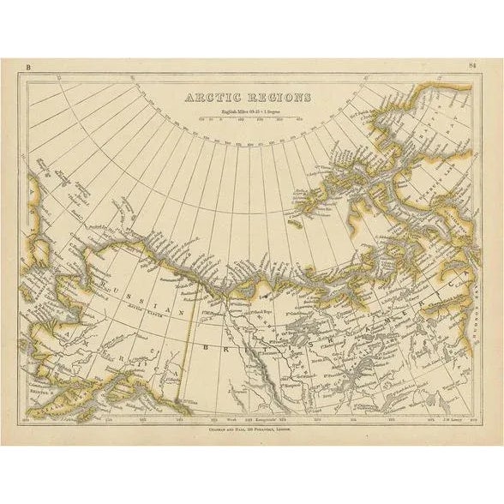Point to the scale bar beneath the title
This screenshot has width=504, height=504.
249,119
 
